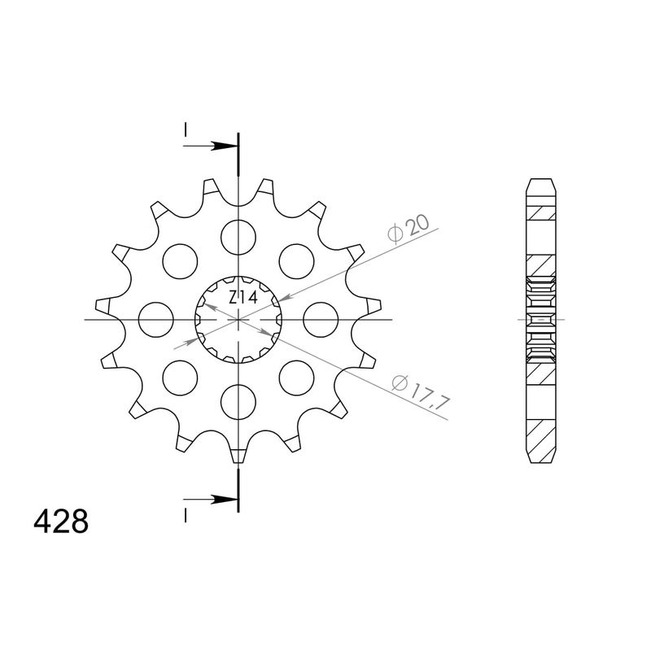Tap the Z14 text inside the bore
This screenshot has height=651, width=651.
[x=242, y=298]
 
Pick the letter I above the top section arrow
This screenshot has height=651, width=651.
[x=186, y=129]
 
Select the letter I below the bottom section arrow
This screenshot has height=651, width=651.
[x=186, y=514]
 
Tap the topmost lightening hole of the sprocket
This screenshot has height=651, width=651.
[x=238, y=235]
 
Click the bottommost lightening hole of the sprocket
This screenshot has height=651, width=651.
[x=238, y=402]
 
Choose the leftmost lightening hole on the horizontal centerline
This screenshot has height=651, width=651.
[x=155, y=319]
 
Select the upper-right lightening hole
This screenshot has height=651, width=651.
[x=297, y=260]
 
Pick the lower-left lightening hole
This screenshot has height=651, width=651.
[x=180, y=378]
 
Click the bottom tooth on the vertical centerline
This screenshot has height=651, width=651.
[x=238, y=455]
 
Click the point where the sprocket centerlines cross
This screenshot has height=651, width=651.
[x=238, y=319]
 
